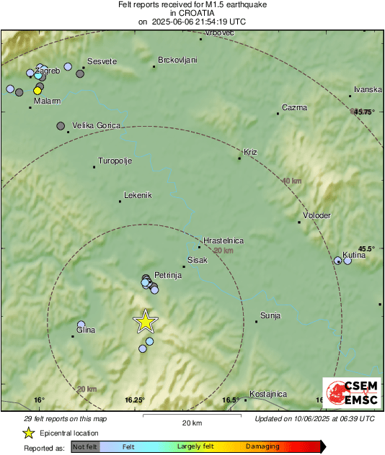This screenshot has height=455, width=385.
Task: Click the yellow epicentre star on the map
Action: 146,321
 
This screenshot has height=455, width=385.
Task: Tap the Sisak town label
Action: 197,259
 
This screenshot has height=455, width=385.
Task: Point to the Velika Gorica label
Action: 95,125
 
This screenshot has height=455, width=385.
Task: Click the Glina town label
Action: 86,330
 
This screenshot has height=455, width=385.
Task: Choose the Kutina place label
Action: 354,255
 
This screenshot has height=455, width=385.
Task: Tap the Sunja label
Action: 271,315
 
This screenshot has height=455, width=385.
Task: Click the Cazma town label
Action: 294,108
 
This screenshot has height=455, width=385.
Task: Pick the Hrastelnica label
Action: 224,240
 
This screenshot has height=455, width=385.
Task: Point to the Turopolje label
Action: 115,161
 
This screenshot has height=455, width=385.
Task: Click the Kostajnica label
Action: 268,394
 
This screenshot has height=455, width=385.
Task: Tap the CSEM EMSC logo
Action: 352,395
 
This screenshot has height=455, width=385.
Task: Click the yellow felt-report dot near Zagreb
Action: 37,91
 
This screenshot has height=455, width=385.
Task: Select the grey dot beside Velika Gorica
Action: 61,125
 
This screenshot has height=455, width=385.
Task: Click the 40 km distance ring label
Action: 292,181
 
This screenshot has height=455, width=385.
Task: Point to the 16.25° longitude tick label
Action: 135,400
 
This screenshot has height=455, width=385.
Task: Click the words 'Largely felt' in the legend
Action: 194,446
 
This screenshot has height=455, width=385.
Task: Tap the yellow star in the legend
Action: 28,433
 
